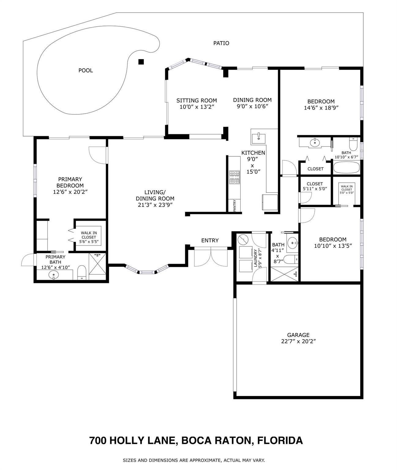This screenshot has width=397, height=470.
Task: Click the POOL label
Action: tap(86, 70)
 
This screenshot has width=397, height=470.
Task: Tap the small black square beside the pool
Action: tap(141, 62)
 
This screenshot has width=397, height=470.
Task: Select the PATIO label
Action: tap(221, 43)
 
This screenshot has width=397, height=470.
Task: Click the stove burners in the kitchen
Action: tap(234, 177)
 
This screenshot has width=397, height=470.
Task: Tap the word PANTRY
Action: tap(234, 206)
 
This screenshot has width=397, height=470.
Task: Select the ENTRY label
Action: tap(210, 241)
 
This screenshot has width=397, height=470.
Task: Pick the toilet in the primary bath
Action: tap(82, 272)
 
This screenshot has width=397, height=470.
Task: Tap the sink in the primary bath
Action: tap(54, 274)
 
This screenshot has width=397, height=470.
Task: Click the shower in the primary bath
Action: tap(97, 263)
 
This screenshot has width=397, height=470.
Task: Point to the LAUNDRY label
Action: tap(255, 258)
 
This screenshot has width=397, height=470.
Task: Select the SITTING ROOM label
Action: tap(197, 100)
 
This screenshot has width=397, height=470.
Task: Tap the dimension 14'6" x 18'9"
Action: tap(321, 108)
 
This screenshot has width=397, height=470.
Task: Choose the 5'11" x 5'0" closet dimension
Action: tap(315, 188)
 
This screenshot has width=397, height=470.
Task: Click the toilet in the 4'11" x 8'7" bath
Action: tap(291, 259)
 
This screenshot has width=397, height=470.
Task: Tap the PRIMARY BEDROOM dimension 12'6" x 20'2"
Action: tap(70, 192)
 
